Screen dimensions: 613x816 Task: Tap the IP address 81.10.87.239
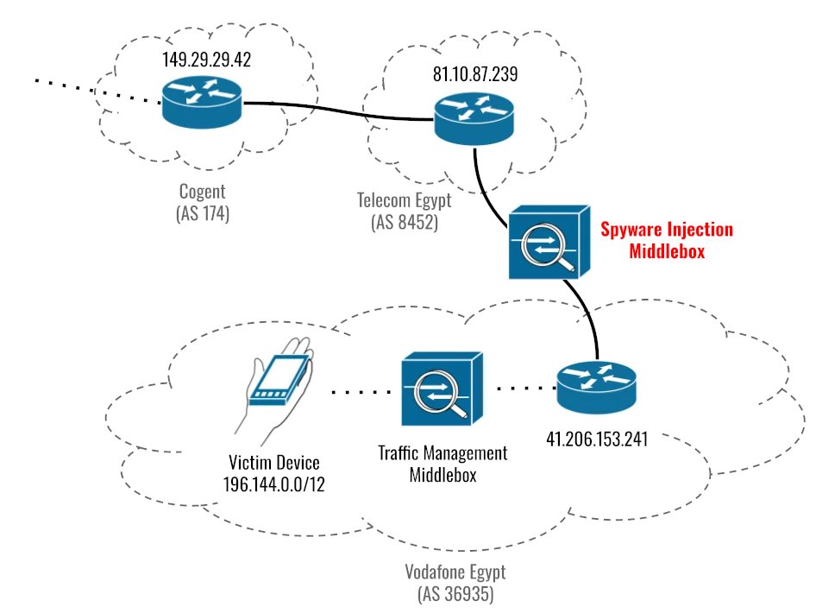tap(475, 75)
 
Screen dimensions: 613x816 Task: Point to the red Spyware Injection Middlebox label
tap(667, 240)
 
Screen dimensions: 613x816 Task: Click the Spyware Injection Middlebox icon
tap(547, 243)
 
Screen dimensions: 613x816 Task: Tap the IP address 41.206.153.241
tap(597, 438)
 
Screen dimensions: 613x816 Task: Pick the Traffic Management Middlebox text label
tap(443, 464)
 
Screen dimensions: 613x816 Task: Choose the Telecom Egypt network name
tap(404, 200)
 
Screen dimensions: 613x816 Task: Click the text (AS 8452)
tap(404, 222)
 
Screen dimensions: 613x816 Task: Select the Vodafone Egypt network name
tap(455, 572)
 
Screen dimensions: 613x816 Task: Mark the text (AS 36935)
tap(455, 594)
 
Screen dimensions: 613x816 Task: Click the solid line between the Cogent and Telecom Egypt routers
tap(336, 110)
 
